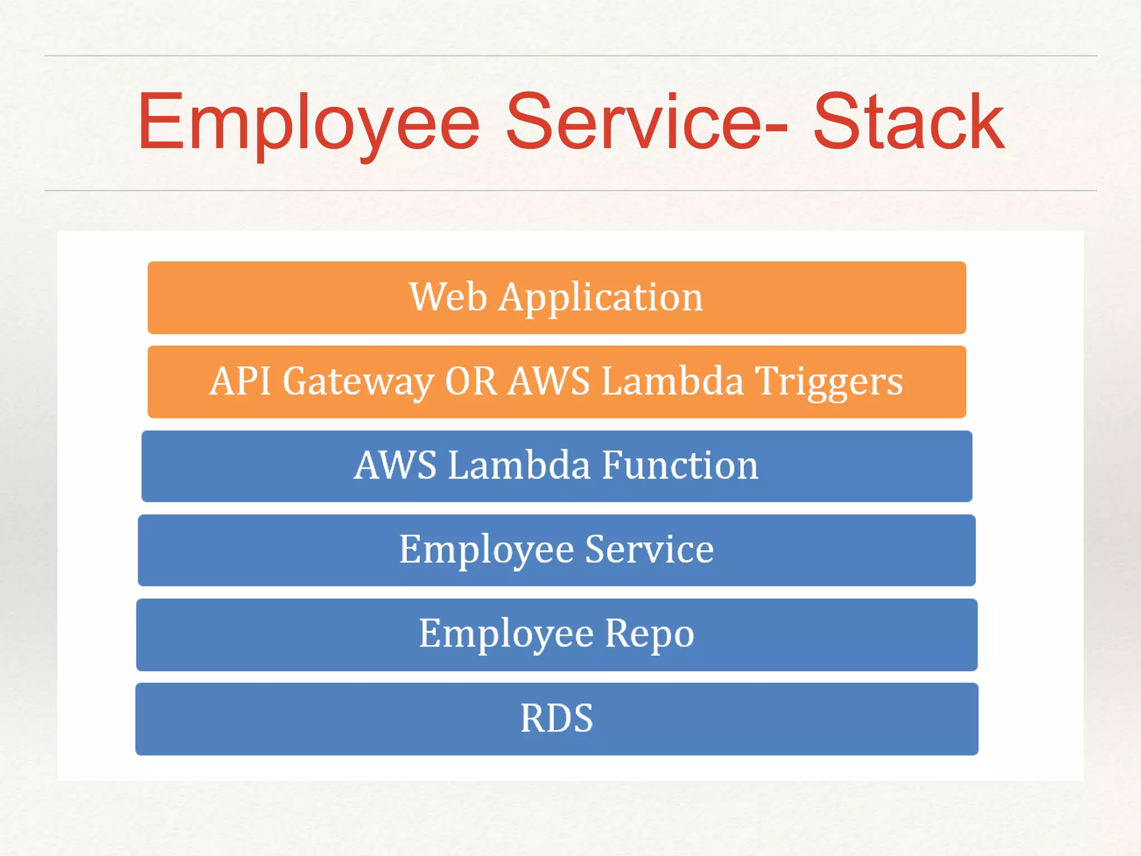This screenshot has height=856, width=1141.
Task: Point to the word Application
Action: pyautogui.click(x=601, y=298)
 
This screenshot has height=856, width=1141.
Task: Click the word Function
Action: pyautogui.click(x=680, y=465)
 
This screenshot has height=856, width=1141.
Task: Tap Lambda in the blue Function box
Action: pyautogui.click(x=519, y=465)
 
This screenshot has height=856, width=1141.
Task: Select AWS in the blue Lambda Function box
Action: pyautogui.click(x=395, y=465)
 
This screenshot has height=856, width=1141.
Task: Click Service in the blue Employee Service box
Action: pyautogui.click(x=650, y=549)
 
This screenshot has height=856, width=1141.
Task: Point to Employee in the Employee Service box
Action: pyautogui.click(x=486, y=551)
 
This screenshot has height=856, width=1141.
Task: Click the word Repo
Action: pyautogui.click(x=650, y=635)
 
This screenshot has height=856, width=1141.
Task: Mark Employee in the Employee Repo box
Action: pyautogui.click(x=506, y=635)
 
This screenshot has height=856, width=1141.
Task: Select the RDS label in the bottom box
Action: pyautogui.click(x=557, y=718)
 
